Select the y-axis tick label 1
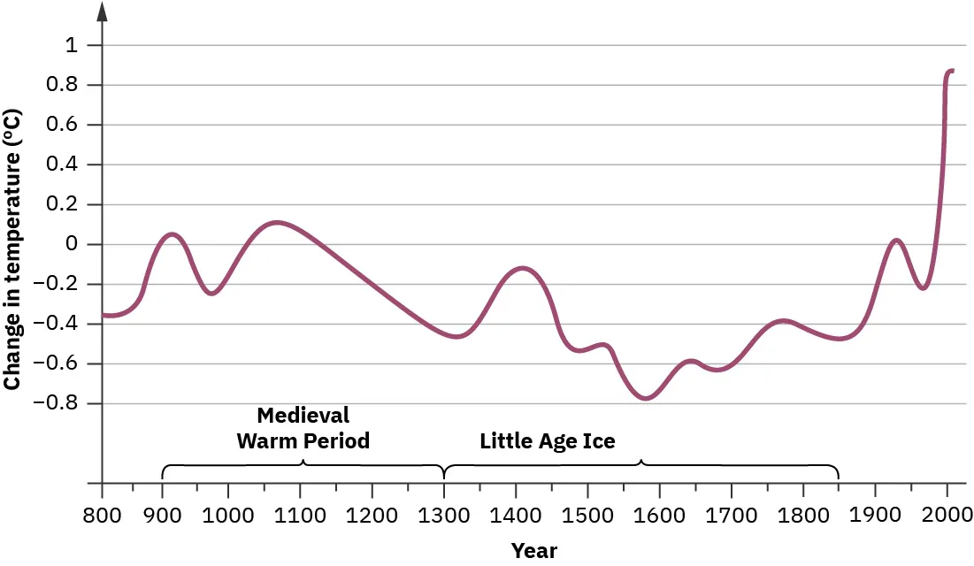coord(71,45)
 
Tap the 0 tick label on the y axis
coord(71,245)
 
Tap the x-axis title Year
coord(534,551)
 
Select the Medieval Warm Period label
coord(303,428)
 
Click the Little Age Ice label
coord(547,440)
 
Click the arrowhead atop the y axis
coord(103,11)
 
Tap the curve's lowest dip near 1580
coord(646,398)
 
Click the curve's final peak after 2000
coord(951,70)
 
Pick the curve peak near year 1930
coord(897,240)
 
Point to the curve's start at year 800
coord(104,315)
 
